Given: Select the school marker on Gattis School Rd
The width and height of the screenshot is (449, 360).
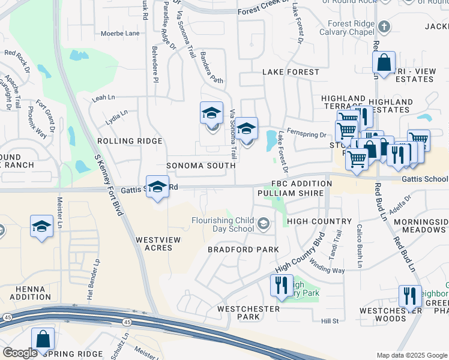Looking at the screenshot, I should pyautogui.click(x=157, y=187).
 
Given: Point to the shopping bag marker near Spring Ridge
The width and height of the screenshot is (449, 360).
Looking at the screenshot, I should pyautogui.click(x=43, y=339).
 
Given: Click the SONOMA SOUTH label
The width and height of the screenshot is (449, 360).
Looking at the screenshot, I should pyautogui.click(x=201, y=165).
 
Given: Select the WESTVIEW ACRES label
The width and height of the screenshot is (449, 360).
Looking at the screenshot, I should pyautogui.click(x=158, y=244).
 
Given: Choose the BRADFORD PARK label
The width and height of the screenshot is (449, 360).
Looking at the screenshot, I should pyautogui.click(x=243, y=249).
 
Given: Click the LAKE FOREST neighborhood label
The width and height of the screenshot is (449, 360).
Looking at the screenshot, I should pyautogui.click(x=291, y=72).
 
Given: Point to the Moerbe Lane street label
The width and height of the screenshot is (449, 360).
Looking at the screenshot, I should pyautogui.click(x=120, y=33).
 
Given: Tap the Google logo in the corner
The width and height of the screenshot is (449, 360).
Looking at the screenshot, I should pyautogui.click(x=20, y=352).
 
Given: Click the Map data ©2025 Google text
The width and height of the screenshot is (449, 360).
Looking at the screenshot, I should pyautogui.click(x=411, y=355).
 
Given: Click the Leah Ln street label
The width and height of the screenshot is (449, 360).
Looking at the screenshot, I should pyautogui.click(x=103, y=97).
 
